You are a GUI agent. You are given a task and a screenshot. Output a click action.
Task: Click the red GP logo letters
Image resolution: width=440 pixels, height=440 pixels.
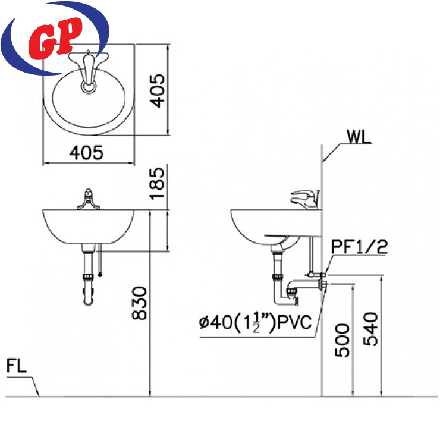(x=55, y=38)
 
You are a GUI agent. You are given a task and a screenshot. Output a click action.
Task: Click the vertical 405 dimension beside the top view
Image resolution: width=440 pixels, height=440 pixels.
(x=157, y=90)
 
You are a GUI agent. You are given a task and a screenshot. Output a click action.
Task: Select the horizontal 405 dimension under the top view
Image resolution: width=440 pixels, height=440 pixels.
(x=86, y=153)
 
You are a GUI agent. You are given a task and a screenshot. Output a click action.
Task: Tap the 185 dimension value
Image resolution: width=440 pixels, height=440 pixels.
(x=157, y=184)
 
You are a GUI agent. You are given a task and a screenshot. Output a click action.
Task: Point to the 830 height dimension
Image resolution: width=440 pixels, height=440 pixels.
(x=140, y=303)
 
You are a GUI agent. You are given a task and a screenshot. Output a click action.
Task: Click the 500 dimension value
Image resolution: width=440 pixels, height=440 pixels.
(x=342, y=340)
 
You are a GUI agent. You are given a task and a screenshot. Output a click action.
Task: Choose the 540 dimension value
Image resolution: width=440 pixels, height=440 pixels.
(x=370, y=329)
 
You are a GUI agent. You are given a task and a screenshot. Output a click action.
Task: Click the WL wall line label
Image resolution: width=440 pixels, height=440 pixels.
(x=359, y=136)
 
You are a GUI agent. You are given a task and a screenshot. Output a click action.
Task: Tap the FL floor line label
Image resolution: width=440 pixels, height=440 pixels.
(x=17, y=366)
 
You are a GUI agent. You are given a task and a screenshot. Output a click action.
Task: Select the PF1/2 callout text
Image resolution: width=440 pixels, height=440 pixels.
(x=360, y=247)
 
